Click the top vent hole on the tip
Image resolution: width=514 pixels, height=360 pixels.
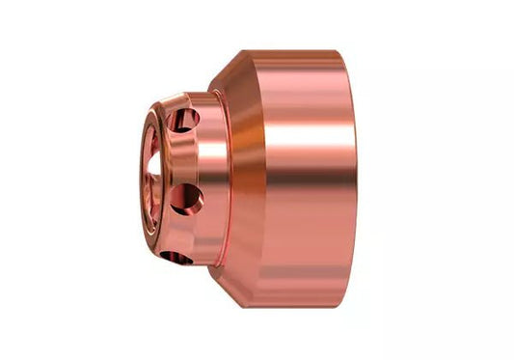pyautogui.click(x=185, y=120)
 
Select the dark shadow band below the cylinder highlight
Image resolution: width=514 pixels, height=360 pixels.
pyautogui.click(x=309, y=212)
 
